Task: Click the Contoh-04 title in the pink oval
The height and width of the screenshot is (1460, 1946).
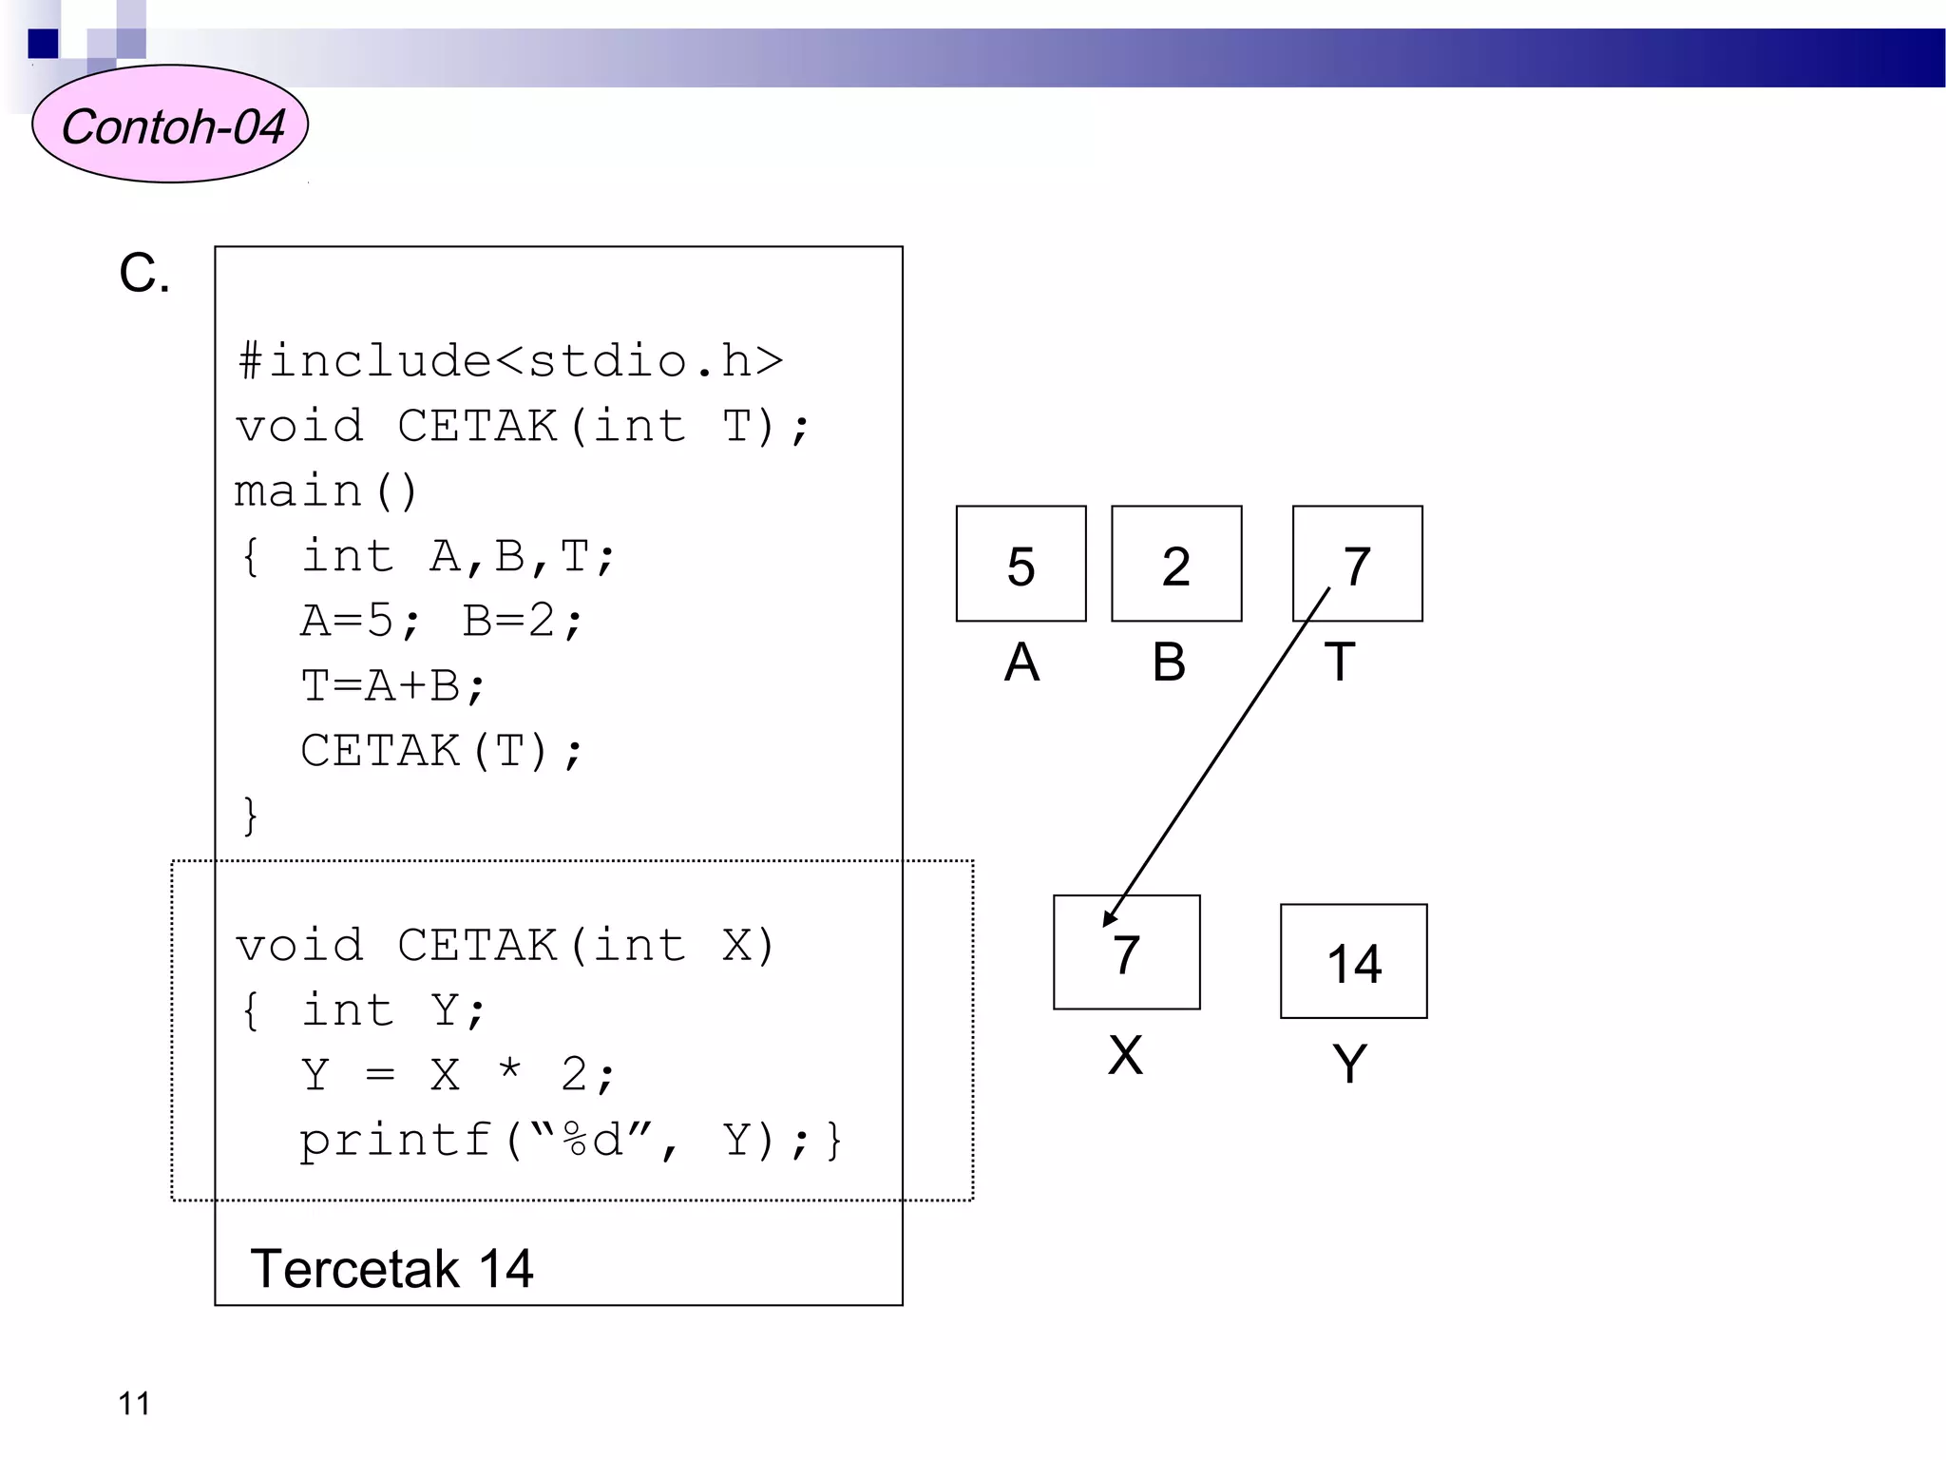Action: (x=172, y=126)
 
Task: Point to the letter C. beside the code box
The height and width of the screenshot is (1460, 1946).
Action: (x=144, y=274)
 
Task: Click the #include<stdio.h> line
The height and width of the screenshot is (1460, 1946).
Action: (x=510, y=362)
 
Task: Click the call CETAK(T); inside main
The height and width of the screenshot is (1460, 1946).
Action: (x=441, y=751)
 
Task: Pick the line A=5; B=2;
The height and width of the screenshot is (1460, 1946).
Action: (x=442, y=621)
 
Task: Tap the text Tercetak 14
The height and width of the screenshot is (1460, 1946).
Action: (x=391, y=1269)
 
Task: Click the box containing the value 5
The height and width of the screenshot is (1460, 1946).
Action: (x=1021, y=564)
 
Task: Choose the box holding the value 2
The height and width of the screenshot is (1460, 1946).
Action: (x=1176, y=564)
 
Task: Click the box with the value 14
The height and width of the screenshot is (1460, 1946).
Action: (x=1353, y=961)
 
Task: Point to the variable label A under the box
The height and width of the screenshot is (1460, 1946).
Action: (x=1021, y=662)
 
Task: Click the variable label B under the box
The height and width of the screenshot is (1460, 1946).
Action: (x=1169, y=662)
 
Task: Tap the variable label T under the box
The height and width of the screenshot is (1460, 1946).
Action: (x=1339, y=662)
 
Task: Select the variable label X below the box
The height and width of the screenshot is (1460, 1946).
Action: (x=1125, y=1055)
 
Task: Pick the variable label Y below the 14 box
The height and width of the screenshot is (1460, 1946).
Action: (x=1349, y=1064)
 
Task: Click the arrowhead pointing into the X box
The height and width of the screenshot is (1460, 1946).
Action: (x=1109, y=918)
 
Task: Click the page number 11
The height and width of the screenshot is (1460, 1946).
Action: (x=134, y=1404)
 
